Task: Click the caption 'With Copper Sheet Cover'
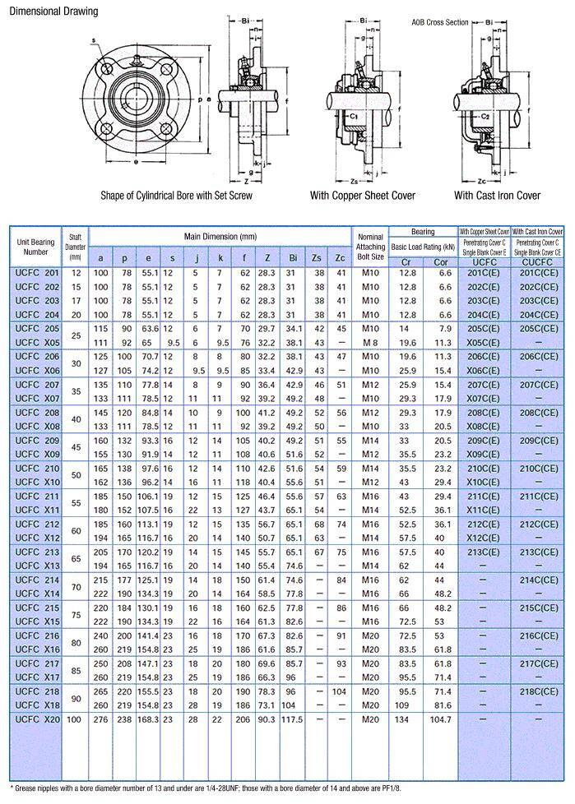coord(362,196)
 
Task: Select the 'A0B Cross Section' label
coord(439,22)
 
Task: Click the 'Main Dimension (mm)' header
coord(220,236)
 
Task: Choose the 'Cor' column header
coord(440,262)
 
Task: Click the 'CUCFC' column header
coord(538,262)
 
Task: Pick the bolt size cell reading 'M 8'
coord(370,342)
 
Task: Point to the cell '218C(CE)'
coord(538,691)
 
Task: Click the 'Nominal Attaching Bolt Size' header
coord(370,246)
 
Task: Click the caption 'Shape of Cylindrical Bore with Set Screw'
coord(176,196)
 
